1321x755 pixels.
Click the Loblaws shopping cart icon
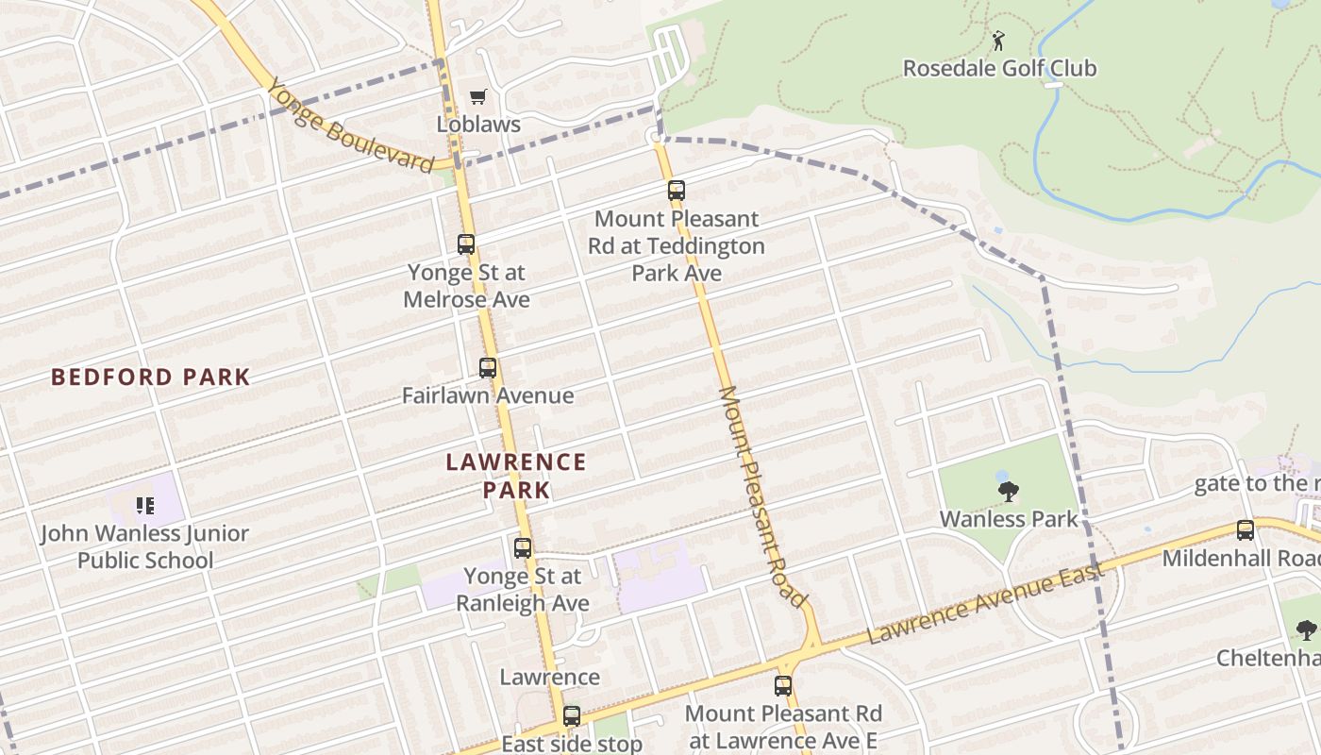[x=478, y=96]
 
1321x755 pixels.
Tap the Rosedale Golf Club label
[x=999, y=68]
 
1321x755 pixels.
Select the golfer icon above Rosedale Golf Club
[x=998, y=41]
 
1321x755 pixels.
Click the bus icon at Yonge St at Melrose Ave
[x=466, y=244]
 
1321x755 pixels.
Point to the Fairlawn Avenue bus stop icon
[x=488, y=368]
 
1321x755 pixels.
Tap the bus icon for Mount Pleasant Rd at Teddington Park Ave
[x=677, y=191]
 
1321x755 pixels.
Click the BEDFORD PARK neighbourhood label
[x=151, y=377]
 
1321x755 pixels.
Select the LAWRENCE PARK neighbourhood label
[x=515, y=476]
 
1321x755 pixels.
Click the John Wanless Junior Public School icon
[x=144, y=506]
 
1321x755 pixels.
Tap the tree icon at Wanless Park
[x=1008, y=491]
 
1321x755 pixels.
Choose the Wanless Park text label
[x=1008, y=518]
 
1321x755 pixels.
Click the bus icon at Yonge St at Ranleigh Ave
[x=523, y=548]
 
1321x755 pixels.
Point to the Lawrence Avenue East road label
[x=985, y=604]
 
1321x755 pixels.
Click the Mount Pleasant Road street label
[x=763, y=496]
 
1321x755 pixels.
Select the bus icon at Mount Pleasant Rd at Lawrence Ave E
[x=783, y=686]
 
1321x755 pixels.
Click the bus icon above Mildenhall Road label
[x=1246, y=530]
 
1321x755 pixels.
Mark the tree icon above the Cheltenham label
[x=1306, y=630]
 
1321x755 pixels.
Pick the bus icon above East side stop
[x=572, y=716]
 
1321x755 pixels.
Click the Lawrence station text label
[x=549, y=677]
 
